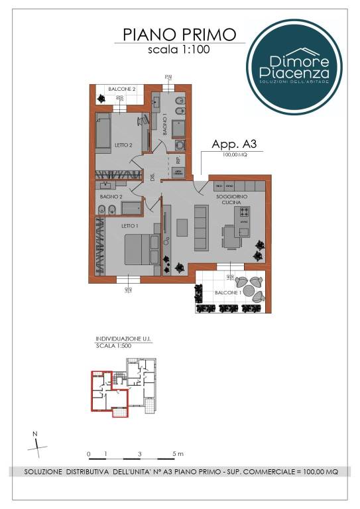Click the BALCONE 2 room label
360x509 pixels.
coord(123,88)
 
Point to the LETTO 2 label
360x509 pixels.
coord(124,144)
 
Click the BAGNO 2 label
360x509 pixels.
coord(111,197)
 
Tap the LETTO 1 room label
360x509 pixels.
coord(130,225)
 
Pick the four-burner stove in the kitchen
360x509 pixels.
coord(244,213)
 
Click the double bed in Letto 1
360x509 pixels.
coord(140,251)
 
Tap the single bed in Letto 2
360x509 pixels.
coord(103,131)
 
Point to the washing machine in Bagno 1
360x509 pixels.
coord(180,145)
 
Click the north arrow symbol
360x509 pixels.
coord(38,443)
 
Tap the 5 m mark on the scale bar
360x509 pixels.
coord(176,454)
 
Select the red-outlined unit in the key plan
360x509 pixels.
coord(105,394)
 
